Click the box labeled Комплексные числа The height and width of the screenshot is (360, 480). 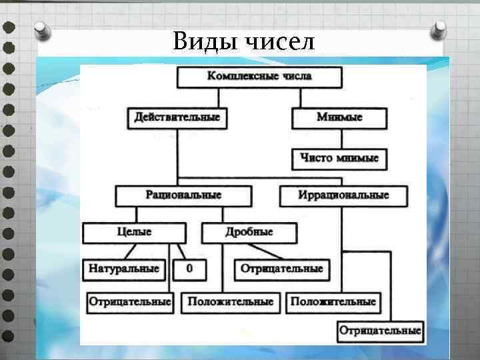[259, 77]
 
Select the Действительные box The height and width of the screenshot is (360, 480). [177, 117]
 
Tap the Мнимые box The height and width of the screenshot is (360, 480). [339, 117]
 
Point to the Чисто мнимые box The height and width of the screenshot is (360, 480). [339, 159]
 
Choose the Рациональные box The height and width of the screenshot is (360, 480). [183, 196]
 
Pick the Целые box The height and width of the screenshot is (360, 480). [134, 233]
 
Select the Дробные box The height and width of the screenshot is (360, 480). [248, 233]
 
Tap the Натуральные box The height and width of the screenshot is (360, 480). [124, 269]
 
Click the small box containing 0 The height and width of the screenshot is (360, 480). [189, 269]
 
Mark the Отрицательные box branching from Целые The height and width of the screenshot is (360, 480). [129, 302]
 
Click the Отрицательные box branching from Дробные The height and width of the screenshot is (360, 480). [281, 269]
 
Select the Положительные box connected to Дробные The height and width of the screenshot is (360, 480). [230, 302]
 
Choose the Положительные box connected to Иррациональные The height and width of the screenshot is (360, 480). [333, 302]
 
